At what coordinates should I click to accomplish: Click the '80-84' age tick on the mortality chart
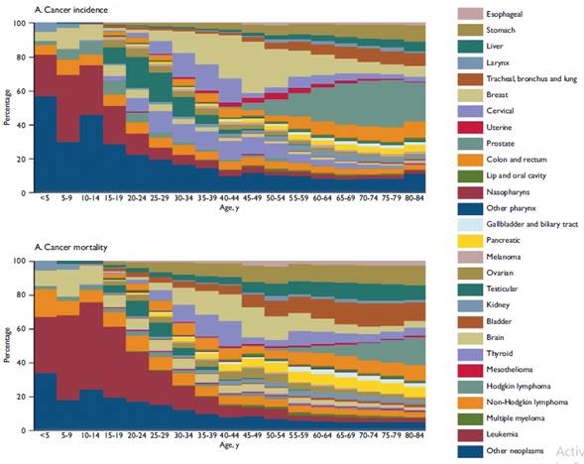click(x=414, y=436)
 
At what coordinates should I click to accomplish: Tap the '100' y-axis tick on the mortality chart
click(x=21, y=261)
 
